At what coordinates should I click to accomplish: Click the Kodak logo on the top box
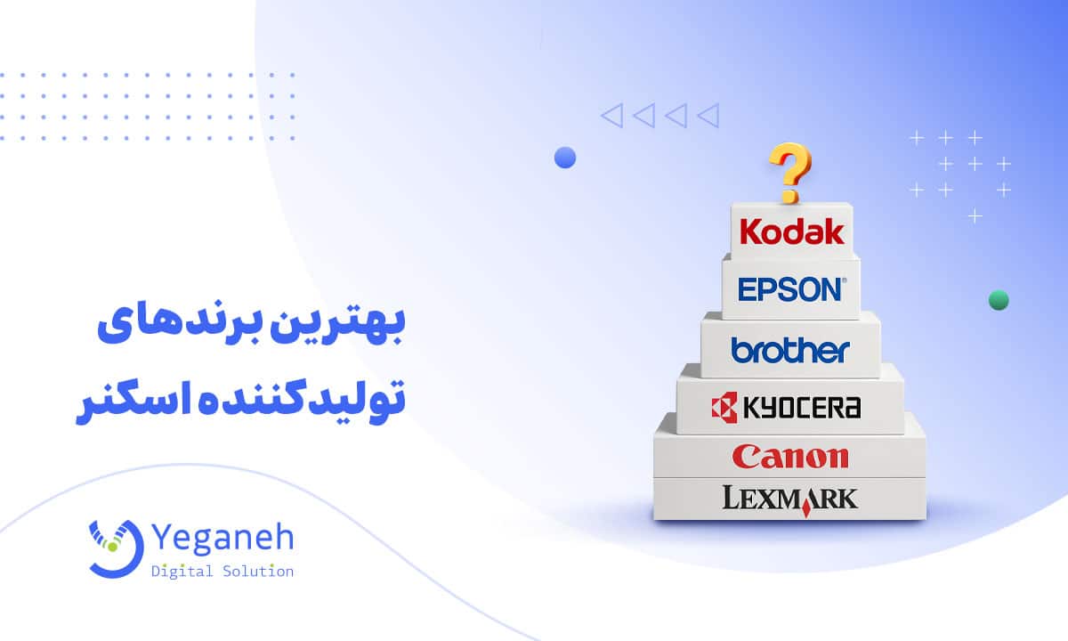[x=791, y=231]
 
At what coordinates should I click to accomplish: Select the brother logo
[x=790, y=349]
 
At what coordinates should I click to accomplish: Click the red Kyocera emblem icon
[x=724, y=408]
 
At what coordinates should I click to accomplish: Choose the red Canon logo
[x=789, y=457]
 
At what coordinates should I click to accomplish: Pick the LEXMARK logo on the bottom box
[x=790, y=498]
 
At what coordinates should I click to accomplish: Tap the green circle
[x=999, y=300]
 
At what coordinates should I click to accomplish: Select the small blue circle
[x=565, y=158]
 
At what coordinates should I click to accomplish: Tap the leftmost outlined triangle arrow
[x=611, y=115]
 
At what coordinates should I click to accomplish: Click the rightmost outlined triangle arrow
[x=708, y=115]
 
